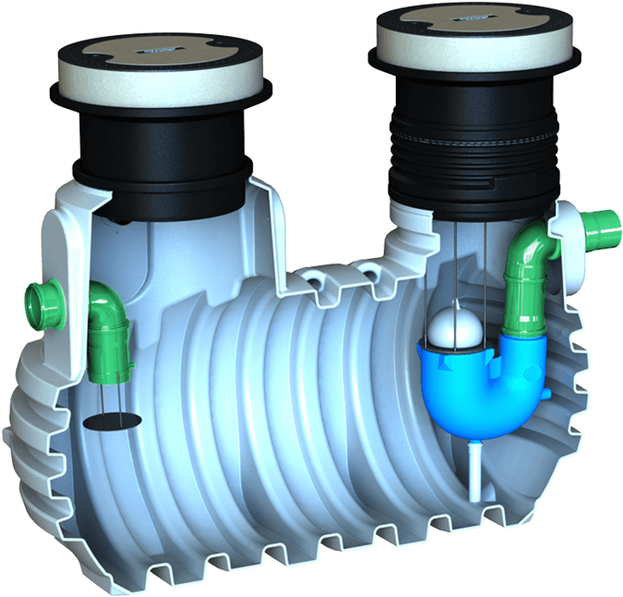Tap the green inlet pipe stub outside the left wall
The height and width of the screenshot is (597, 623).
(42, 301)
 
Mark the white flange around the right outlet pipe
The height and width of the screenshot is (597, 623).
(568, 224)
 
